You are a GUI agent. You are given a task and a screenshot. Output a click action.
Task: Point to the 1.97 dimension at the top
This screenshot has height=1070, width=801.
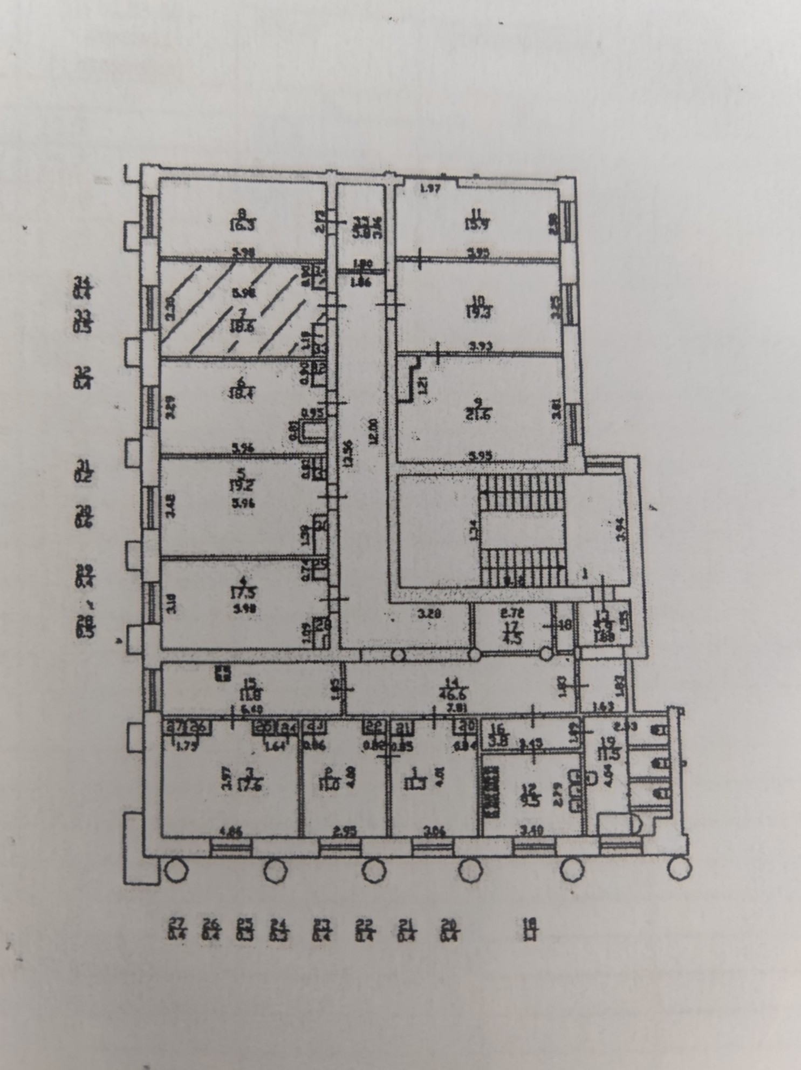[430, 188]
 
